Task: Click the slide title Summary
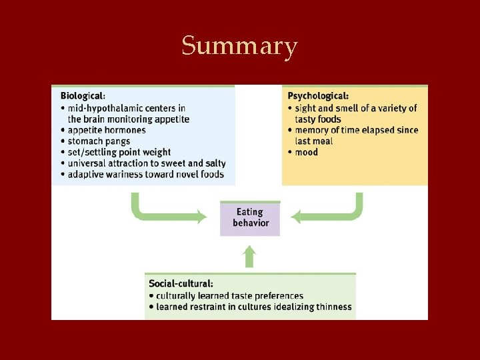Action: [x=239, y=47]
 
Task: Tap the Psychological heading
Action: [x=318, y=96]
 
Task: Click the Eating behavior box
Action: [x=250, y=218]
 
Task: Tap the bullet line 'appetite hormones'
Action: [x=106, y=130]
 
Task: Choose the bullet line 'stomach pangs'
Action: [x=98, y=141]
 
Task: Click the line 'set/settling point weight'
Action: [x=119, y=153]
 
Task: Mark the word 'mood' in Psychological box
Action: [x=306, y=153]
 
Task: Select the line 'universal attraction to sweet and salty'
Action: [x=146, y=163]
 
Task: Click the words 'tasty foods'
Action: [x=318, y=119]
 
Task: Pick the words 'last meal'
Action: [x=314, y=141]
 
